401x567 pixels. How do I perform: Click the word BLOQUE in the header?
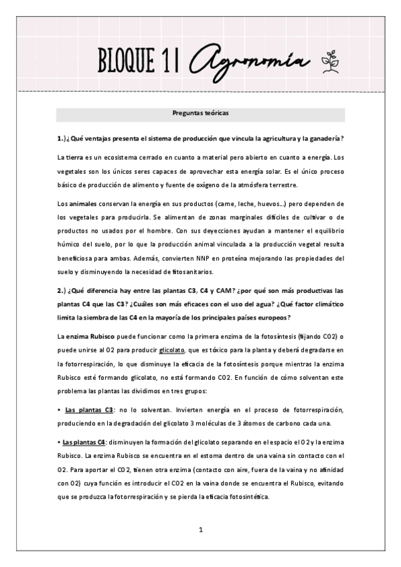(123, 62)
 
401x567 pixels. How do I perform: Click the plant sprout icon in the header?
(329, 62)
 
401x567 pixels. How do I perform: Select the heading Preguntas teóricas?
(200, 113)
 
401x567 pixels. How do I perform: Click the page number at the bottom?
(200, 530)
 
